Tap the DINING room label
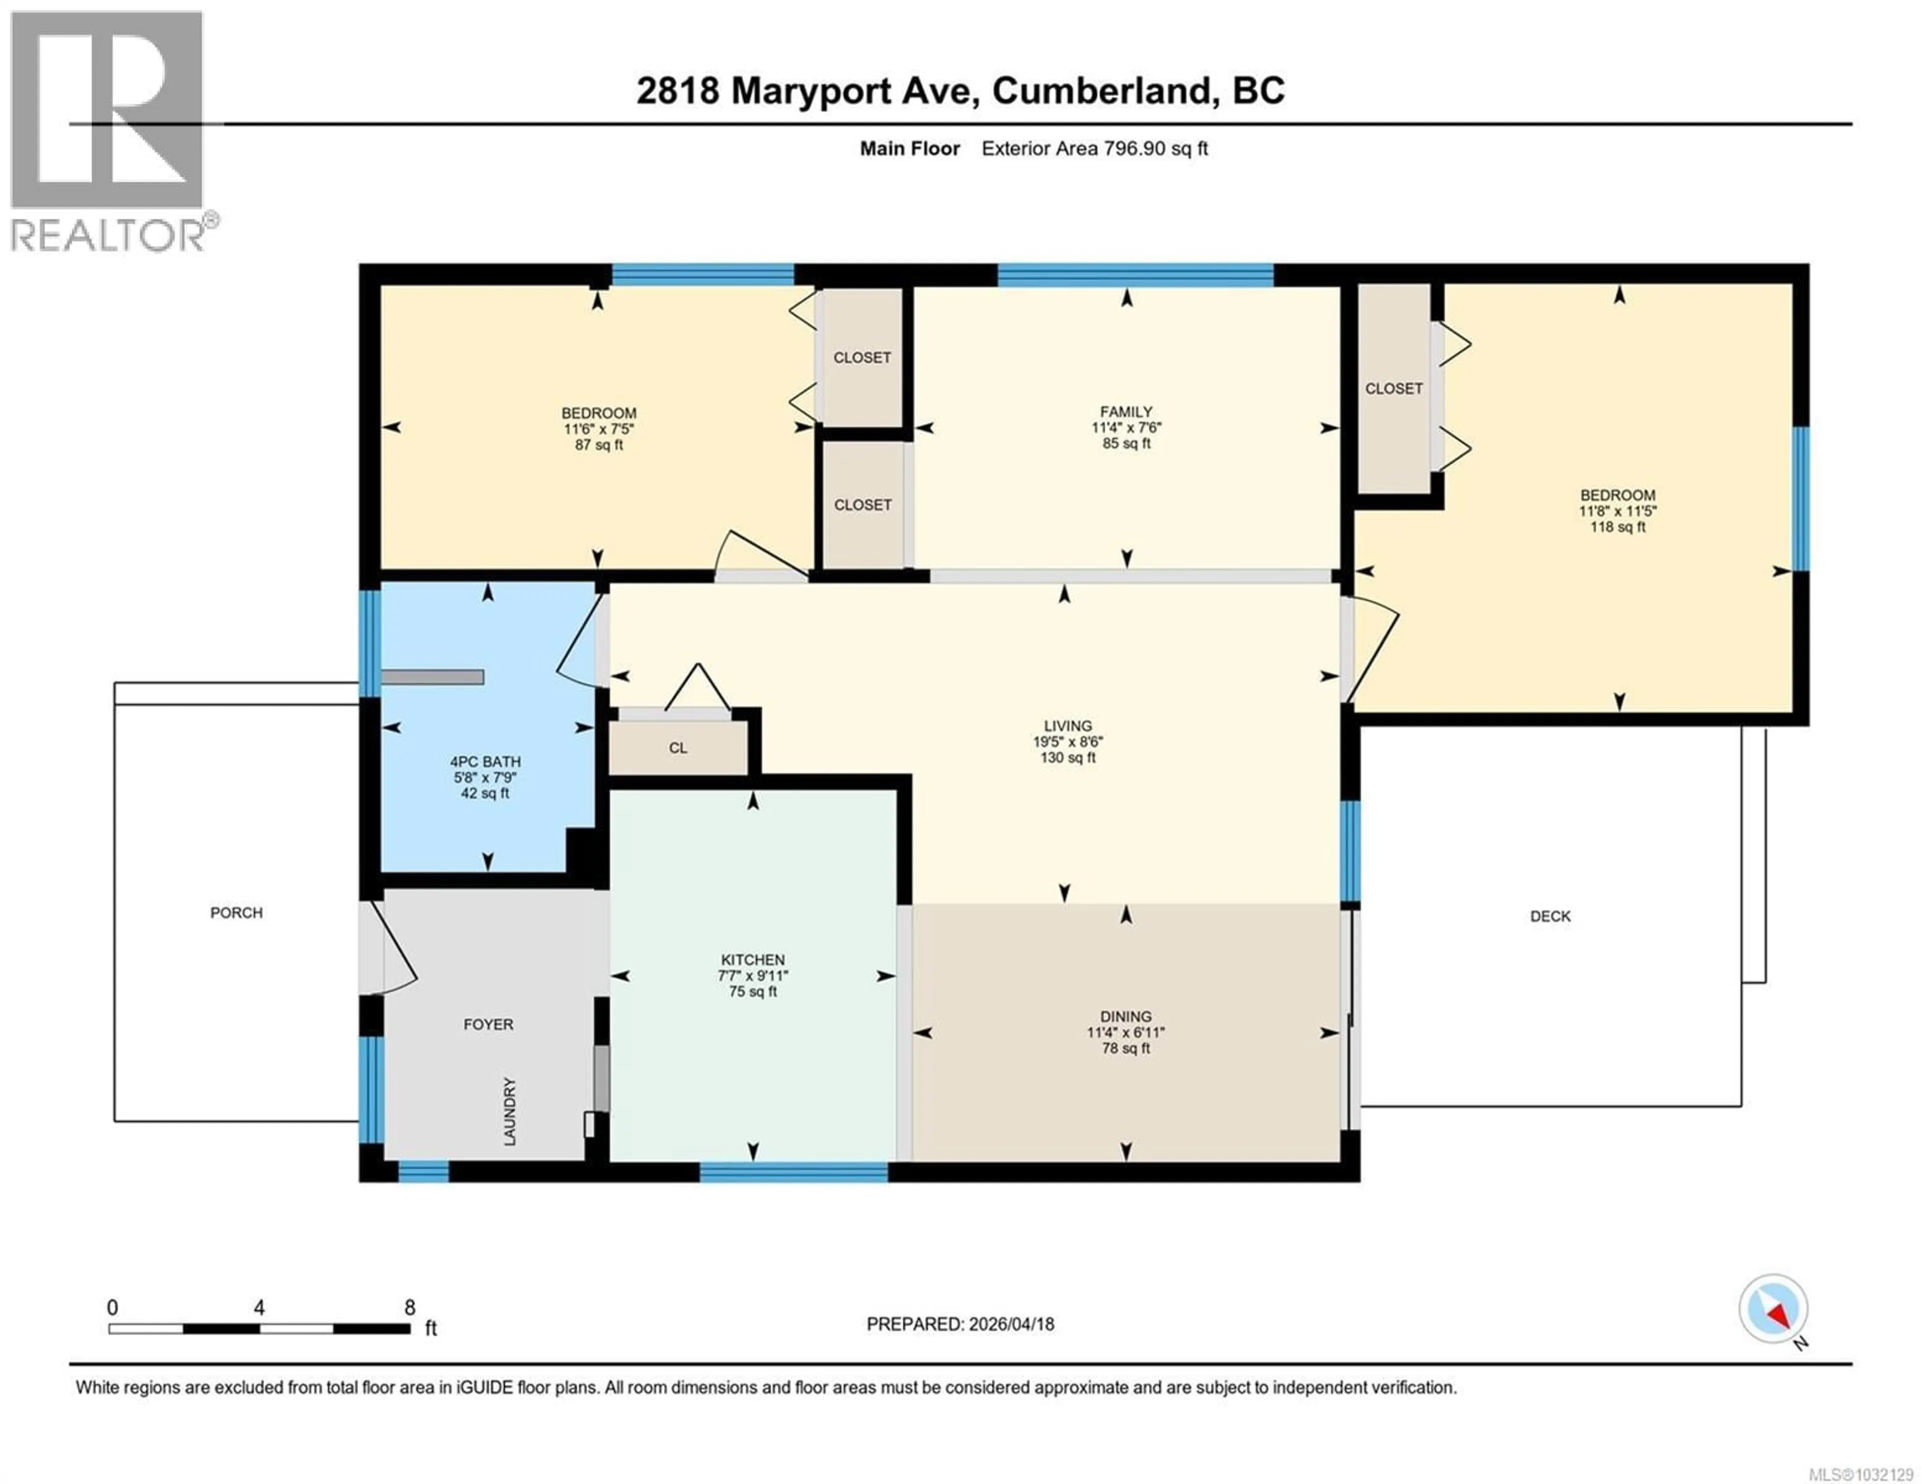(1125, 1016)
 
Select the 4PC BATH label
(485, 762)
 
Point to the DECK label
(1550, 916)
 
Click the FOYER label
(488, 1024)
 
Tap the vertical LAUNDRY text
(509, 1111)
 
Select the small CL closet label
(677, 748)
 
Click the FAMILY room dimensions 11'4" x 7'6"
(1126, 428)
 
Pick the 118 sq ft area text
(1617, 527)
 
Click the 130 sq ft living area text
(1067, 757)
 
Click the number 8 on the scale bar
(410, 1307)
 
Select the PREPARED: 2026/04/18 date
(959, 1324)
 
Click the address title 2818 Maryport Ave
(959, 91)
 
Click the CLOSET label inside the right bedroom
(1393, 388)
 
